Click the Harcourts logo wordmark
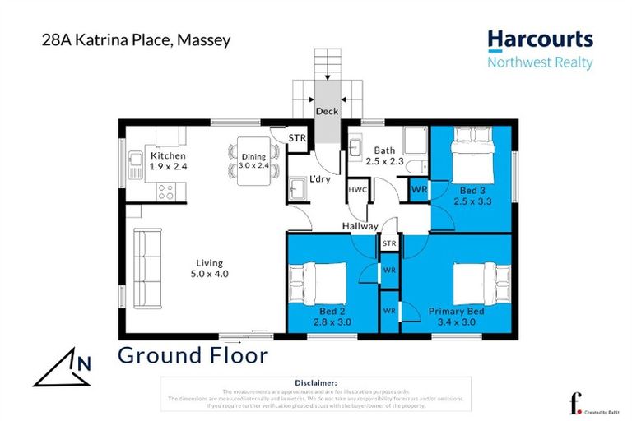point(539,39)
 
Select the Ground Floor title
point(193,355)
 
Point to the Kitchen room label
point(168,156)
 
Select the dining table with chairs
point(253,160)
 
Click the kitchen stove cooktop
point(164,192)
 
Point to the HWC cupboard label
point(358,190)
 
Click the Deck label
point(328,113)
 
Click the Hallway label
point(361,226)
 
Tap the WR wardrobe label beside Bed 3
point(419,190)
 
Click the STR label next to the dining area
point(296,138)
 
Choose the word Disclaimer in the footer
point(315,382)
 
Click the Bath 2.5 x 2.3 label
point(385,156)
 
